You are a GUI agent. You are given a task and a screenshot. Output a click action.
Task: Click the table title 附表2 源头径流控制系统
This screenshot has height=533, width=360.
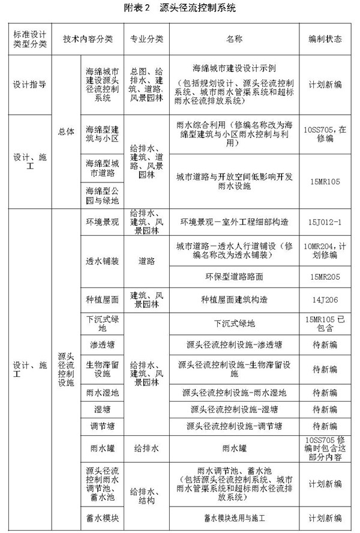click(179, 8)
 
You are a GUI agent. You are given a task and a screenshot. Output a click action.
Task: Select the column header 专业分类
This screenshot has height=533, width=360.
click(146, 39)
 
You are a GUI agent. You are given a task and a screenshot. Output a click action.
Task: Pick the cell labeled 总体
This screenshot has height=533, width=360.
click(67, 131)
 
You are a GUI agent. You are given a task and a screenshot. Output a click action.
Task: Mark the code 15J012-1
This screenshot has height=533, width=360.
click(325, 222)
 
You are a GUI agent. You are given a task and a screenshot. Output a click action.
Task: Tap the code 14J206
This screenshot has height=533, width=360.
click(325, 299)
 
